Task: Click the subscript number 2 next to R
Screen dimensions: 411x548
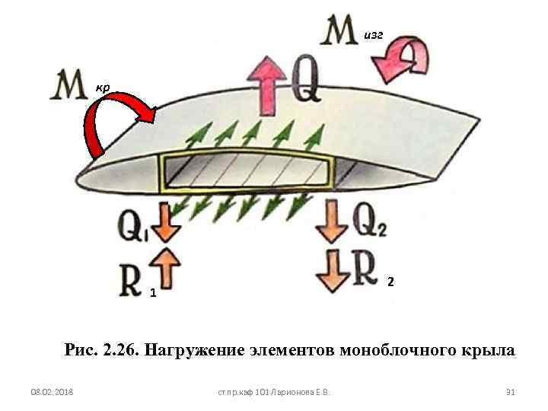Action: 390,282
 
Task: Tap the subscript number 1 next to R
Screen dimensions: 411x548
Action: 153,293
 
